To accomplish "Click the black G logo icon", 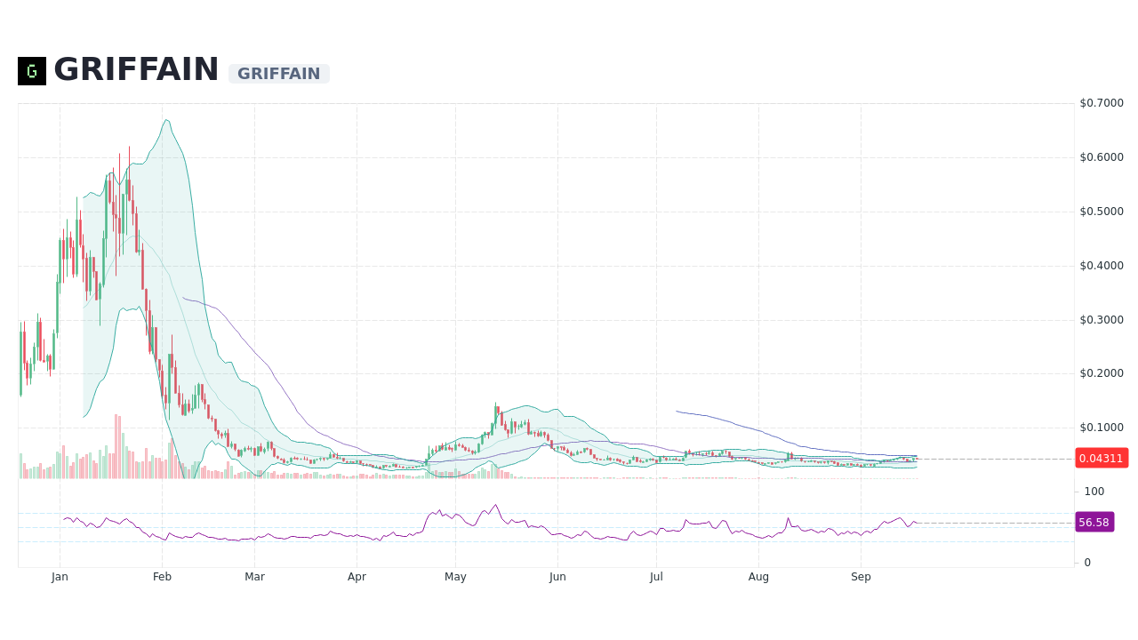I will click(x=32, y=71).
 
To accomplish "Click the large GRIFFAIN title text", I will click(x=136, y=70).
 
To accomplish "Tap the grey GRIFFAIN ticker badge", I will click(x=278, y=74).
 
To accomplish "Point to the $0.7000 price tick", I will click(x=1102, y=103).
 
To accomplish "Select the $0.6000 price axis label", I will click(x=1102, y=157).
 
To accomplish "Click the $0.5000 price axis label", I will click(x=1102, y=212).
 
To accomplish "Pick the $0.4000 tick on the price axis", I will click(x=1102, y=266).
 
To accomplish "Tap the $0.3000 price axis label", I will click(x=1102, y=320).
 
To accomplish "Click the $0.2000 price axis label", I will click(x=1102, y=373).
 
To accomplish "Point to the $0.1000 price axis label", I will click(x=1102, y=428).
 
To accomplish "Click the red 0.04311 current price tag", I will click(x=1101, y=459).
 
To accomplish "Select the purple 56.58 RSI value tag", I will click(x=1094, y=523).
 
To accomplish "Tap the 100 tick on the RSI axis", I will click(x=1094, y=492).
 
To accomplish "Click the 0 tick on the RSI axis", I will click(x=1087, y=563).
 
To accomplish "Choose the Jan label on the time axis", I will click(x=60, y=577).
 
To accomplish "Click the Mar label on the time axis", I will click(x=254, y=577).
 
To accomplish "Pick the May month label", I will click(x=455, y=577).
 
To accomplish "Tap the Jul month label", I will click(x=656, y=577).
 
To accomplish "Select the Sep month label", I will click(x=861, y=577).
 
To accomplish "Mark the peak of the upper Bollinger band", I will click(x=166, y=119).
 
